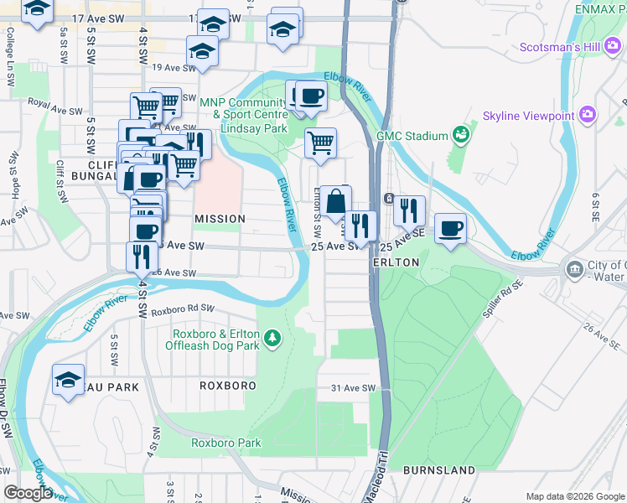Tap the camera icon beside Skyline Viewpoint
click(x=588, y=113)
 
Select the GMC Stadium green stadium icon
click(x=459, y=134)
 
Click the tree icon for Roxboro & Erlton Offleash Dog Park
click(x=272, y=339)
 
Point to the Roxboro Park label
click(x=226, y=443)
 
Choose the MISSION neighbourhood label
click(x=220, y=219)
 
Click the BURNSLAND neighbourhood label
click(x=439, y=470)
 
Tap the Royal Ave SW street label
click(x=55, y=108)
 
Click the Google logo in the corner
click(x=27, y=493)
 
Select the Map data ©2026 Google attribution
click(x=574, y=496)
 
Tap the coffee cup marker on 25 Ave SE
click(x=450, y=229)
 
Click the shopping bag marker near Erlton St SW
click(x=335, y=203)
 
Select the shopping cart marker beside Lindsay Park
click(x=320, y=144)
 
